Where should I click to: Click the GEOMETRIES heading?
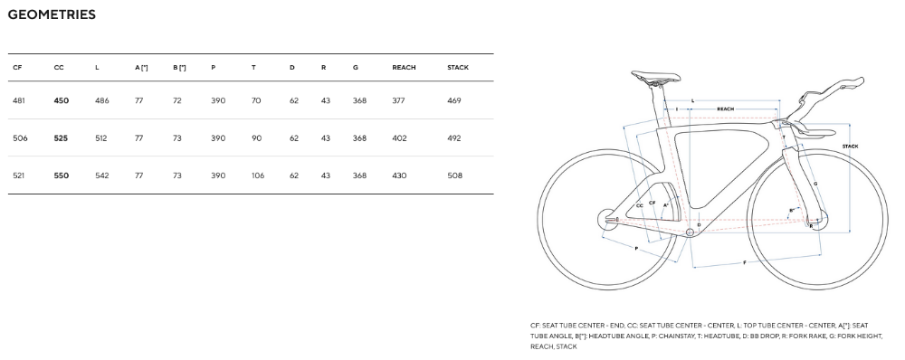[52, 14]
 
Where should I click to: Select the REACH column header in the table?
[404, 68]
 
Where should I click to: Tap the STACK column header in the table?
[458, 68]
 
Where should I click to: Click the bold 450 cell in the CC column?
[62, 100]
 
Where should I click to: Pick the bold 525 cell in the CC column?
[61, 137]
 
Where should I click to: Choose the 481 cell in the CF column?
[18, 100]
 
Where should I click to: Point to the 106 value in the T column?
[258, 175]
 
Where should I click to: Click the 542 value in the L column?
[101, 175]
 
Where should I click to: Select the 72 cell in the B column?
[177, 100]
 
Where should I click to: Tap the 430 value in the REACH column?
[399, 175]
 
